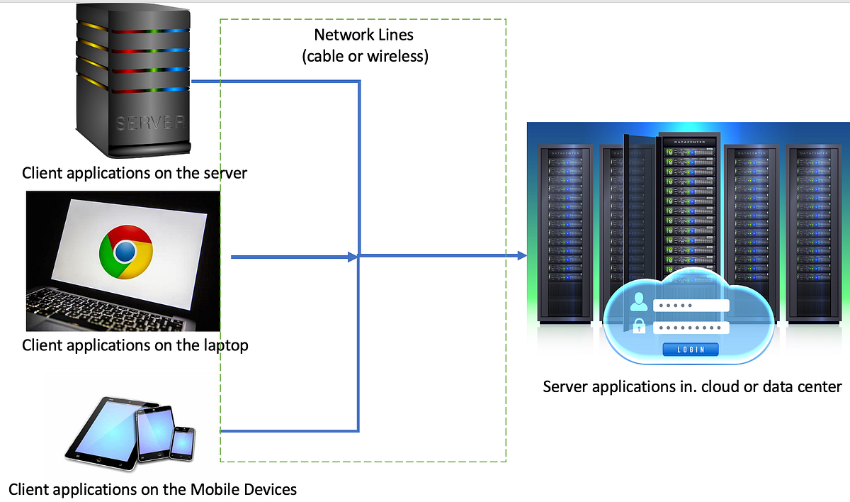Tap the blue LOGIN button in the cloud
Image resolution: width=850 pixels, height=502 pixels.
click(x=691, y=350)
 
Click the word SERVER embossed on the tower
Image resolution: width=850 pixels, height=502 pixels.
click(x=150, y=123)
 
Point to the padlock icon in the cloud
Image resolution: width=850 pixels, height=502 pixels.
click(x=639, y=327)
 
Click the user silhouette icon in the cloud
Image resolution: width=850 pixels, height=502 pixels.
click(x=639, y=303)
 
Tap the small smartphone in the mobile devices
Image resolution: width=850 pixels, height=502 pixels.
click(x=183, y=442)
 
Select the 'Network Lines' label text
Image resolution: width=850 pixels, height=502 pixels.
click(x=364, y=35)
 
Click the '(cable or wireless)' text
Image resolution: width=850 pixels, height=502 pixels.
click(x=365, y=57)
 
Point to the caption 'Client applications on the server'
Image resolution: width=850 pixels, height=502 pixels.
click(x=135, y=173)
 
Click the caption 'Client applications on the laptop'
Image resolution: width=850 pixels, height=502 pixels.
click(x=135, y=345)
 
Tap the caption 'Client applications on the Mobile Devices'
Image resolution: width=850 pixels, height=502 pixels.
click(x=152, y=489)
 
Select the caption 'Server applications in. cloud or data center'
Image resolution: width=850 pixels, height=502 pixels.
click(x=692, y=387)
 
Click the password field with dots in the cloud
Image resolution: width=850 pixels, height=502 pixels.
click(x=691, y=328)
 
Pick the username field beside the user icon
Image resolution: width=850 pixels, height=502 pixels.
click(x=691, y=305)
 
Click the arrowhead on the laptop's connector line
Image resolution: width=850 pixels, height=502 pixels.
click(x=352, y=257)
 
